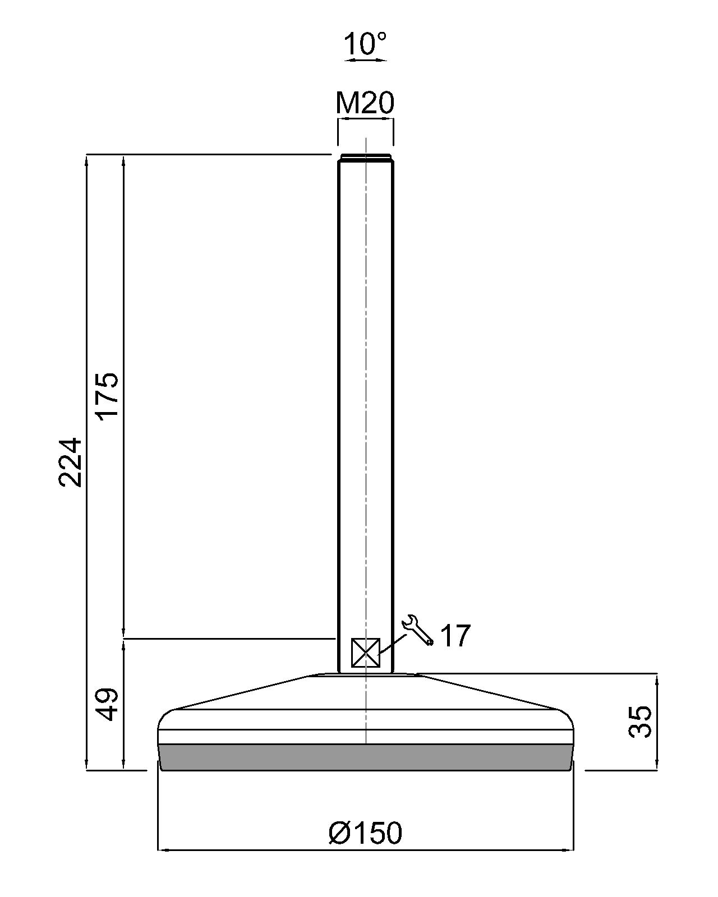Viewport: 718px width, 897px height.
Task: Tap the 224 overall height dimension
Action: click(70, 462)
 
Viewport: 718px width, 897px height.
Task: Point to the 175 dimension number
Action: click(107, 396)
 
